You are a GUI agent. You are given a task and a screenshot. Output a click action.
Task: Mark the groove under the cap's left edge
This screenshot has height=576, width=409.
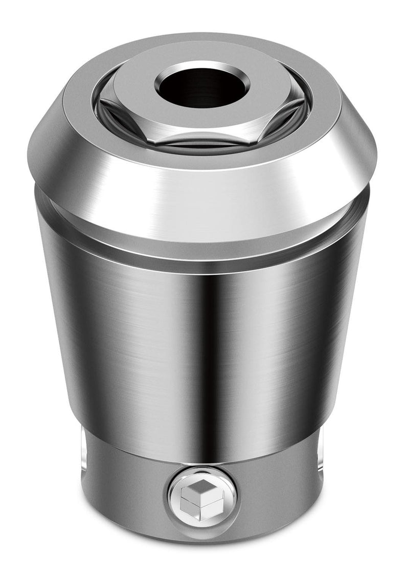[x=41, y=197]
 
